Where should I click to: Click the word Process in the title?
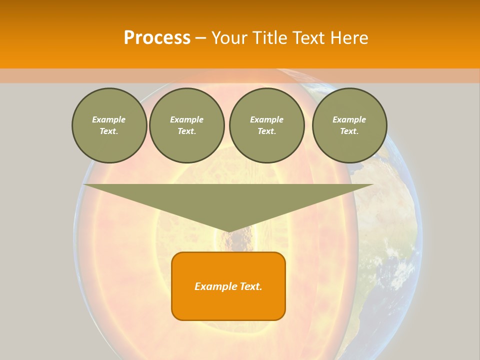(157, 38)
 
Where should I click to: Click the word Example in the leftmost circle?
(108, 119)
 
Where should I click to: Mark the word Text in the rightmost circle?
(349, 131)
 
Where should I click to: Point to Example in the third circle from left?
(266, 119)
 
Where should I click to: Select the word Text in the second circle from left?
(186, 131)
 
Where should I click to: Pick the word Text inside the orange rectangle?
(250, 286)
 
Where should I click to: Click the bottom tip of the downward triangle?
(229, 231)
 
